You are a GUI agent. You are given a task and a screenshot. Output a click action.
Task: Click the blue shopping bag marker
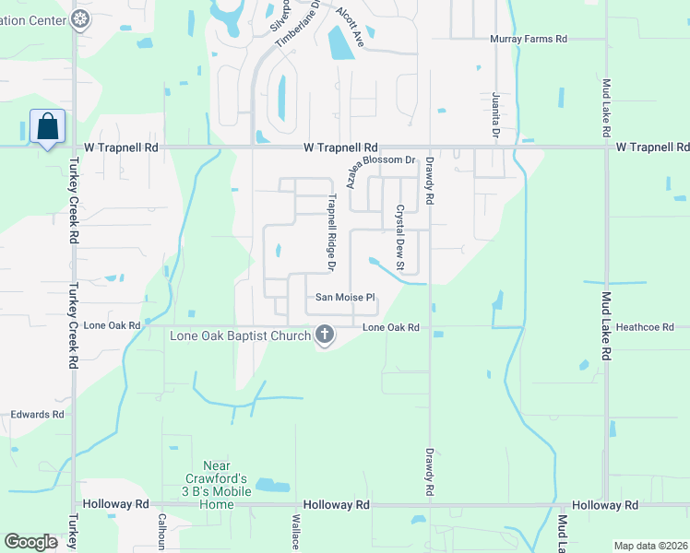pyautogui.click(x=47, y=126)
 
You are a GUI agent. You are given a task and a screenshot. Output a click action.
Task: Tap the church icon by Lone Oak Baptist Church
pyautogui.click(x=324, y=335)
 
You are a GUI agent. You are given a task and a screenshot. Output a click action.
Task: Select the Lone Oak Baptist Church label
pyautogui.click(x=240, y=335)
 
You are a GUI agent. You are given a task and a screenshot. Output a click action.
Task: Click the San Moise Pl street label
pyautogui.click(x=346, y=298)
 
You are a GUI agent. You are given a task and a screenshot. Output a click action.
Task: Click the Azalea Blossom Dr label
pyautogui.click(x=381, y=169)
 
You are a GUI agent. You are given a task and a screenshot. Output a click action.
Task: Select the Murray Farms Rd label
pyautogui.click(x=527, y=39)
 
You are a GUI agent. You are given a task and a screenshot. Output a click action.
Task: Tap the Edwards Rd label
pyautogui.click(x=38, y=415)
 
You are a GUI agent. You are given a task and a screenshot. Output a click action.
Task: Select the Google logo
pyautogui.click(x=30, y=542)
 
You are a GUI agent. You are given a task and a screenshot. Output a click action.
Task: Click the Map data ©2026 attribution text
pyautogui.click(x=649, y=546)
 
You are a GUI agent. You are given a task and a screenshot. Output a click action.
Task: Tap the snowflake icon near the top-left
pyautogui.click(x=81, y=18)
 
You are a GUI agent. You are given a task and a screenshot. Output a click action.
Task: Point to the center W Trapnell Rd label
pyautogui.click(x=341, y=147)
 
